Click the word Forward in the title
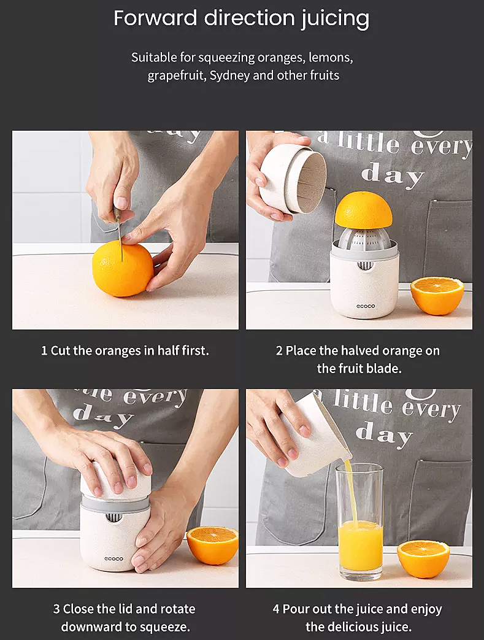(x=155, y=18)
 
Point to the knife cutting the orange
(x=119, y=233)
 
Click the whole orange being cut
(x=123, y=268)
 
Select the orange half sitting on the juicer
(x=363, y=209)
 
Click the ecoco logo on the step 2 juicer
(x=365, y=306)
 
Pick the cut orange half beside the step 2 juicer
(x=437, y=296)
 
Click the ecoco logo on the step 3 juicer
(x=113, y=559)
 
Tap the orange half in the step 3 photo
(x=213, y=546)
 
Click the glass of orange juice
(x=359, y=522)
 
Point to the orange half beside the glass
(x=423, y=559)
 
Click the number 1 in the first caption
(x=44, y=350)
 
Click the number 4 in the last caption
(x=276, y=609)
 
